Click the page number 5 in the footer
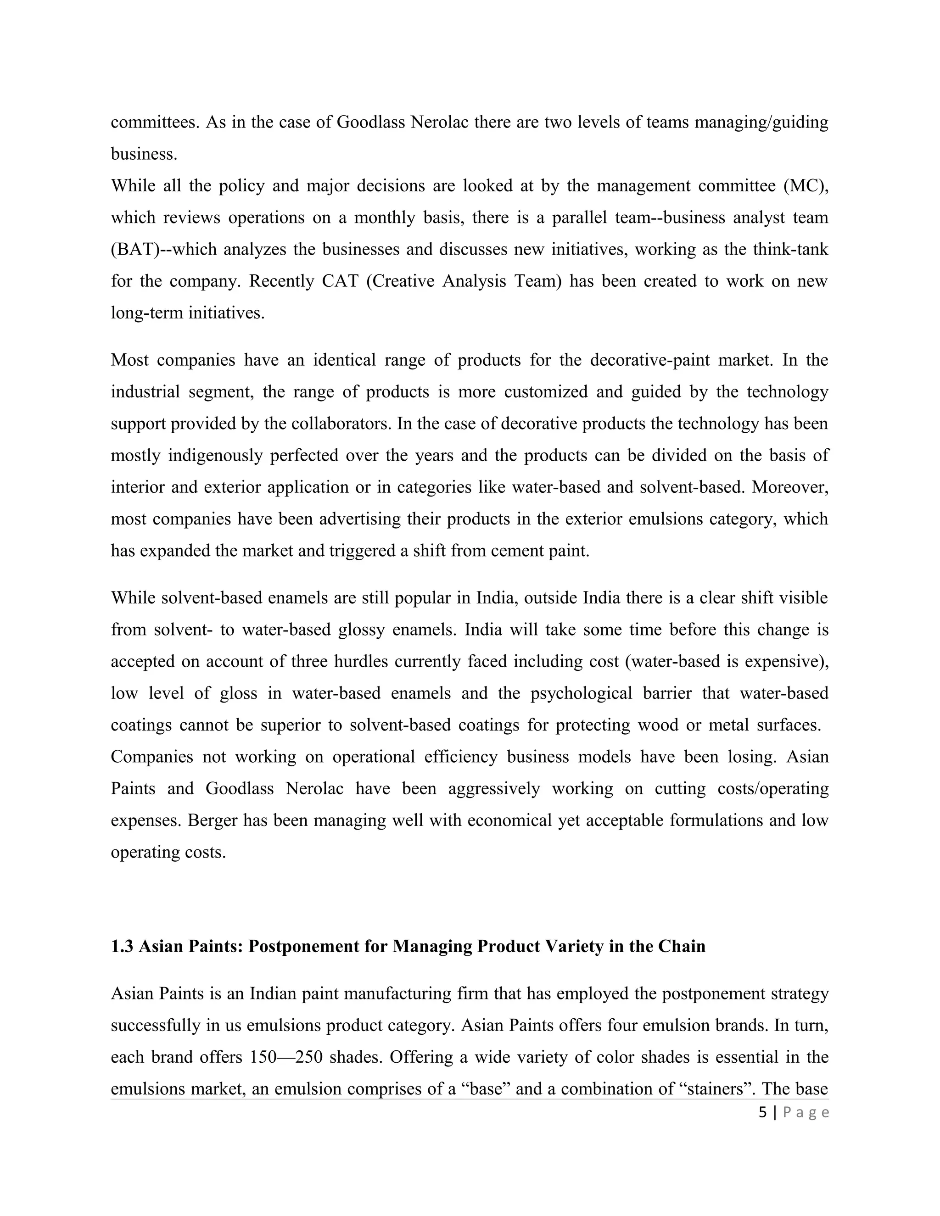coord(762,1112)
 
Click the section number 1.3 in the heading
coord(122,946)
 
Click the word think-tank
coord(790,249)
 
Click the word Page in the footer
coord(806,1112)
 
